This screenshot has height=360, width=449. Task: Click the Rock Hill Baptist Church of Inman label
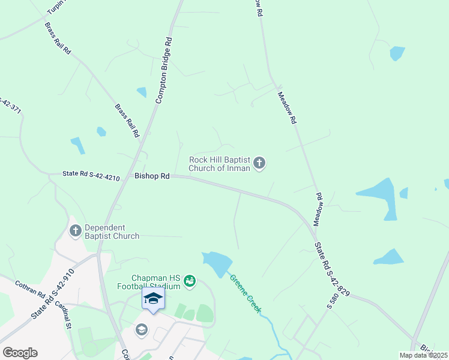click(x=219, y=164)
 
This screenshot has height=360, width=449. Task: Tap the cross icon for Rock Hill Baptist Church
click(x=259, y=163)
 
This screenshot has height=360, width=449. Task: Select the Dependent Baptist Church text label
click(x=112, y=232)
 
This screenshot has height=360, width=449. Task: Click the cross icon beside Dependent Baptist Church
click(x=76, y=230)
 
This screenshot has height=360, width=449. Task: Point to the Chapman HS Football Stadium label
click(x=157, y=282)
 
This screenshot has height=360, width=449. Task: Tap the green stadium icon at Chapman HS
click(x=190, y=280)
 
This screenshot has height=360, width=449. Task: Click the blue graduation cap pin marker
click(x=153, y=298)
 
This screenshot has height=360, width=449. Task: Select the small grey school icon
click(x=142, y=329)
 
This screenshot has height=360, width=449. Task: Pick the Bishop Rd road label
click(x=152, y=176)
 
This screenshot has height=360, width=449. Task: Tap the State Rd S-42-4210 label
click(x=91, y=175)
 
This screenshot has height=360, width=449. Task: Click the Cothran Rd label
click(x=31, y=290)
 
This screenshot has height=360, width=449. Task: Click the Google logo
click(x=20, y=353)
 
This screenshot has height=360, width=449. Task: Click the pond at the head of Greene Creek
click(x=217, y=262)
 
